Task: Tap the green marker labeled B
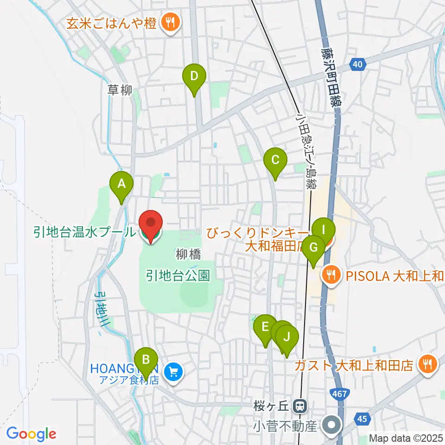146,360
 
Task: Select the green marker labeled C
275,161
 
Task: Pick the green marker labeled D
194,76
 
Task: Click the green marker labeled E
265,328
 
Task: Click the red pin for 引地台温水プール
151,224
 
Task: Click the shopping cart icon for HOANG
173,371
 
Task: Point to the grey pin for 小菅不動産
332,424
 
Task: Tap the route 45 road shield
362,419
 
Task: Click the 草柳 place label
120,90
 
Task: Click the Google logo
31,434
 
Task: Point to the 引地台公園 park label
178,276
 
